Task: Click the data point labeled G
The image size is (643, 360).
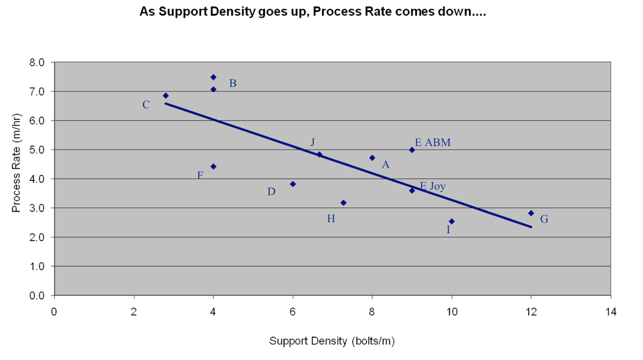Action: click(x=531, y=213)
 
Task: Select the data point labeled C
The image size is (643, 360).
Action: click(x=166, y=95)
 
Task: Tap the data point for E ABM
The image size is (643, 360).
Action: click(x=412, y=150)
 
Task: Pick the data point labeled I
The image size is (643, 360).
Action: click(x=451, y=221)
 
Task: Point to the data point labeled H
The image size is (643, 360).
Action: click(x=343, y=202)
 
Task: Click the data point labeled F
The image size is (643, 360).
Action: click(x=213, y=166)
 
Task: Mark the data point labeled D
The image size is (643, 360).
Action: click(x=293, y=184)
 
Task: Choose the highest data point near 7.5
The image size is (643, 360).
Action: click(x=213, y=77)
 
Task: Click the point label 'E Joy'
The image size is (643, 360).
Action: click(x=433, y=186)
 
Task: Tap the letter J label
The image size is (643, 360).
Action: click(x=312, y=143)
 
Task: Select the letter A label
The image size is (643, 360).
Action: click(x=386, y=165)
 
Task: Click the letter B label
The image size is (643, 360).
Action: click(x=232, y=84)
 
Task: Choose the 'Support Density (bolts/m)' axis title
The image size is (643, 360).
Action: click(x=332, y=341)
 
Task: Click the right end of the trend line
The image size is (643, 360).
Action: click(x=531, y=227)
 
